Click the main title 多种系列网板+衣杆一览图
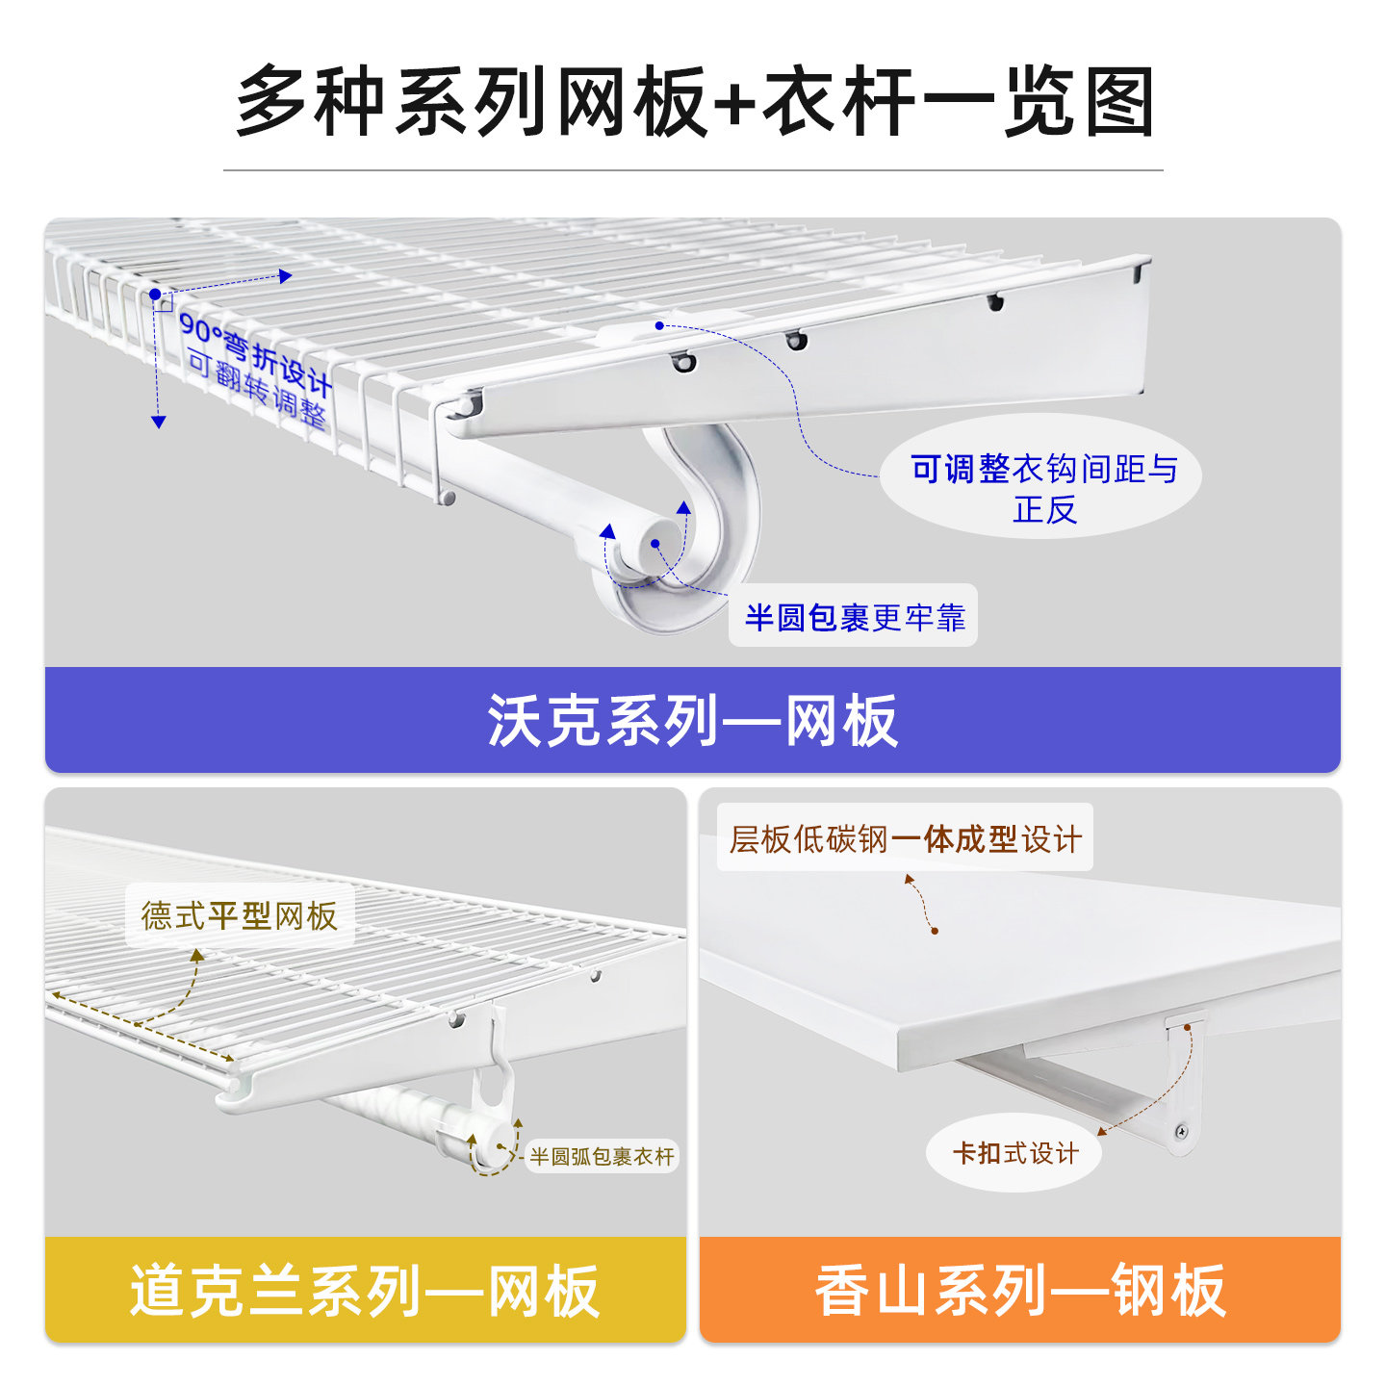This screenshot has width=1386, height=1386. tap(693, 101)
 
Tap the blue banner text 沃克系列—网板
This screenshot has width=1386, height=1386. tap(693, 720)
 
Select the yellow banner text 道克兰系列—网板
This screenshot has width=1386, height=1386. tap(366, 1291)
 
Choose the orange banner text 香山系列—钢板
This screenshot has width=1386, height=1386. tap(1020, 1291)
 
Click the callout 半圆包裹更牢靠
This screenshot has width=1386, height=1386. tap(854, 616)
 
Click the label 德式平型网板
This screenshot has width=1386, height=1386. tap(240, 915)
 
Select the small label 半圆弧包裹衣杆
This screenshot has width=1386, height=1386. tap(603, 1156)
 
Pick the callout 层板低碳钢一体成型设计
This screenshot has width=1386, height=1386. tap(905, 838)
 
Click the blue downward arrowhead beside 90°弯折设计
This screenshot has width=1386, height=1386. tap(159, 421)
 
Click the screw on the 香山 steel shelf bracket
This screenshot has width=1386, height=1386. tap(1183, 1131)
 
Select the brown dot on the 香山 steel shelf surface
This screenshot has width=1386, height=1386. tap(934, 931)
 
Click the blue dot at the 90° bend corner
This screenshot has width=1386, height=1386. tap(155, 294)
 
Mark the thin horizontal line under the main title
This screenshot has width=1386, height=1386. tap(693, 170)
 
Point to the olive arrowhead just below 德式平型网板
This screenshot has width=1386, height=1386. tap(197, 955)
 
